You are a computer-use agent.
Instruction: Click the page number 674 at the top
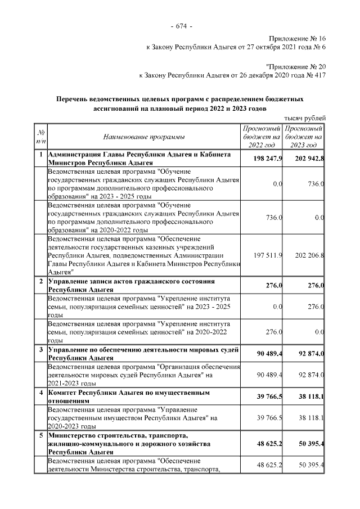click(x=180, y=26)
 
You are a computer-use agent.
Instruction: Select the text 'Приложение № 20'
click(x=295, y=66)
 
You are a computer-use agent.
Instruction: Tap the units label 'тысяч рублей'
click(x=304, y=118)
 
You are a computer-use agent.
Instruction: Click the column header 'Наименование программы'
click(x=143, y=137)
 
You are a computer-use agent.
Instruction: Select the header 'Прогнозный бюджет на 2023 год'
click(x=303, y=137)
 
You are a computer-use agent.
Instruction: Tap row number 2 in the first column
click(x=40, y=281)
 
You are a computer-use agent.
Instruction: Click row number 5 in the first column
click(x=40, y=435)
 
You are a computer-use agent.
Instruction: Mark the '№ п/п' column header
click(x=40, y=137)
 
